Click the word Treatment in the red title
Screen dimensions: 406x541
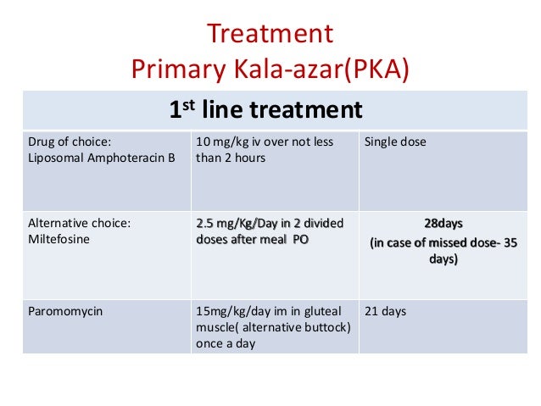(270, 36)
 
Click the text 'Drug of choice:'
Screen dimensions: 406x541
(70, 142)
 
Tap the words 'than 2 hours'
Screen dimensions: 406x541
(231, 158)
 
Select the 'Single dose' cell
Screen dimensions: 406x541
(395, 142)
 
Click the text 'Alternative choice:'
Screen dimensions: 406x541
(80, 224)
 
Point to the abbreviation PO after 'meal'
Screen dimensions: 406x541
(300, 240)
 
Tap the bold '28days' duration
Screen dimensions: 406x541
(443, 224)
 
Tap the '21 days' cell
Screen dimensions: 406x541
(385, 311)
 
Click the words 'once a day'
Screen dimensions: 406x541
(225, 343)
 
